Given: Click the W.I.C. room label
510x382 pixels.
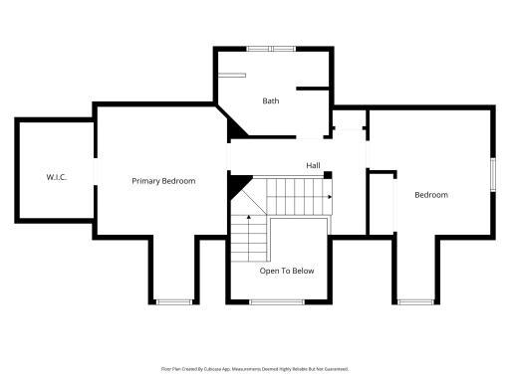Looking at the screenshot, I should [x=55, y=177].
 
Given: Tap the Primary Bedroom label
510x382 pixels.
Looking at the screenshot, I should [x=163, y=181].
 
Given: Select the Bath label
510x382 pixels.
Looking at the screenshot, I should [x=271, y=100].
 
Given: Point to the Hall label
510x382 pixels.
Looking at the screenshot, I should [x=313, y=165].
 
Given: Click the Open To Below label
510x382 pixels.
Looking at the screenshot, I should [x=287, y=270].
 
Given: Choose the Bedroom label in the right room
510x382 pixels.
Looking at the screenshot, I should [x=431, y=195].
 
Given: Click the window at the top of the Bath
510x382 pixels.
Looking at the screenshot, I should [x=271, y=49].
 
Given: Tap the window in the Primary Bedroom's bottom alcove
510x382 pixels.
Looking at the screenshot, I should [x=173, y=301].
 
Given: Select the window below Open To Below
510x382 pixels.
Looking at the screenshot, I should [x=277, y=301].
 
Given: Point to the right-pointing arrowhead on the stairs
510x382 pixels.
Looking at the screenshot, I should [x=329, y=196].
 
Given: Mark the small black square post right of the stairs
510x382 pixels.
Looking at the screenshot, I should [x=327, y=176].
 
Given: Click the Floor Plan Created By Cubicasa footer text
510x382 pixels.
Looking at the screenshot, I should [x=255, y=368].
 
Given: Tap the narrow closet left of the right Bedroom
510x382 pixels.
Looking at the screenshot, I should [x=381, y=204].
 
